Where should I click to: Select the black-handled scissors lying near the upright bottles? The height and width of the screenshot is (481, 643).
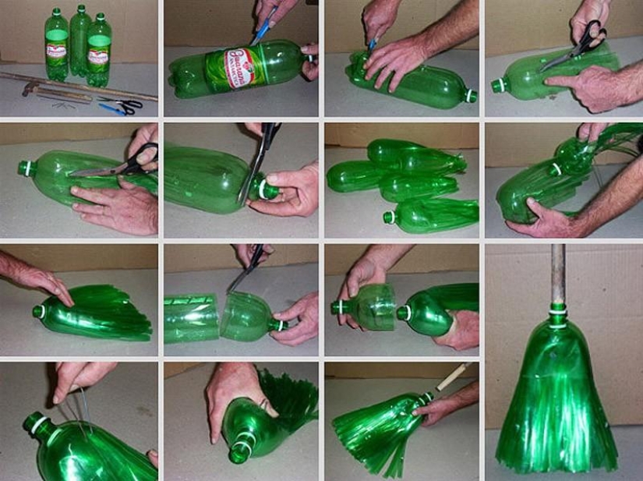(129, 104)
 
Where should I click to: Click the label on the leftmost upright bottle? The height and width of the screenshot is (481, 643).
(56, 48)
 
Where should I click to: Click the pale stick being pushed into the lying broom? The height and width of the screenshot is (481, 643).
(452, 377)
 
